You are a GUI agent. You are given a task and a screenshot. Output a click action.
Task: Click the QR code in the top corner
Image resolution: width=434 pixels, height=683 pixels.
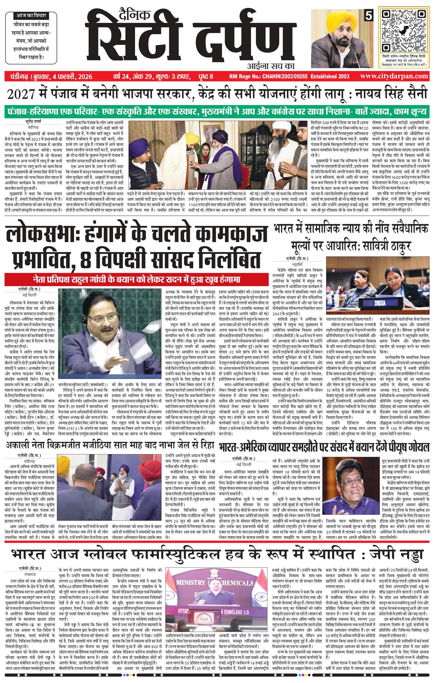tap(404, 30)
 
